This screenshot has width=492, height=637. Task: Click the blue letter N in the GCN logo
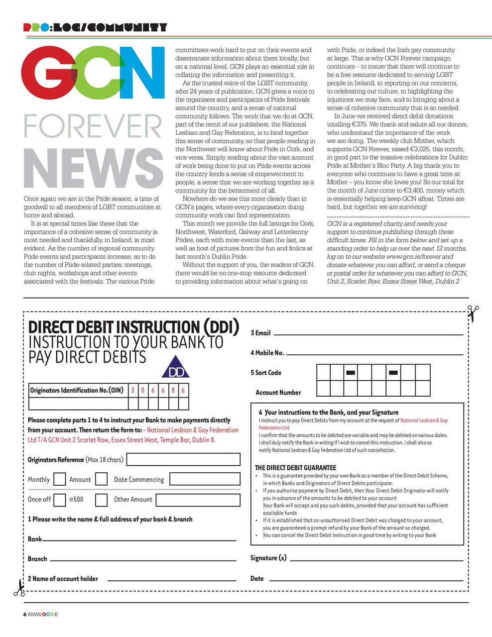(144, 74)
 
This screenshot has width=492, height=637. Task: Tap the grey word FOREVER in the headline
(93, 126)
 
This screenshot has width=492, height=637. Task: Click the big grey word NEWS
(94, 169)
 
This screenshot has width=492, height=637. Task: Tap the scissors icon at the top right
(473, 314)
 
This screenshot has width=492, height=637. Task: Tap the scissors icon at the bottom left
(19, 588)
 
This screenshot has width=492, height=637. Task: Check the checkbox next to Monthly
(59, 479)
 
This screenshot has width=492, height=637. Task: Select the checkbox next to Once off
(59, 499)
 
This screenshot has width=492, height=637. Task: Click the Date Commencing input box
(205, 479)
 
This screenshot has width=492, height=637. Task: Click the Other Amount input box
(198, 499)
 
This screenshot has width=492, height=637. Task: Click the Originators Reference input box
(183, 459)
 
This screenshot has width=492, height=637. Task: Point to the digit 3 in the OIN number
(133, 391)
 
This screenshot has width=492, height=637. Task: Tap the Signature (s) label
(268, 558)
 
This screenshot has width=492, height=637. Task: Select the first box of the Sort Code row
(323, 372)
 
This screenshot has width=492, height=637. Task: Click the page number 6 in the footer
(25, 614)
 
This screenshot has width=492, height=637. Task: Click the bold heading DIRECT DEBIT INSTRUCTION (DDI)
(133, 327)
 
